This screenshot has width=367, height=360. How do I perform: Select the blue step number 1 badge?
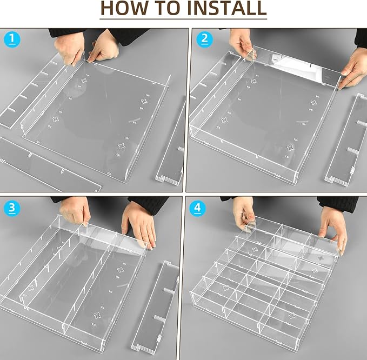pos(12,39)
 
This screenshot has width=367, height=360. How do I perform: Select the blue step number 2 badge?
pos(204,39)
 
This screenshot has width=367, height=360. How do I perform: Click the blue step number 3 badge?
pos(12,208)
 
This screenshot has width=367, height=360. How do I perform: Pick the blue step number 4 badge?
pos(198,208)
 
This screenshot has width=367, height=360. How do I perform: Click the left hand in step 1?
pos(70,49)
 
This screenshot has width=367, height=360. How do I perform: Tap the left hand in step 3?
pos(75,212)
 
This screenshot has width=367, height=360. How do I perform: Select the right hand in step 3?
pos(139,225)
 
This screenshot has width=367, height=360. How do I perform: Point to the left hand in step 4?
pos(244,213)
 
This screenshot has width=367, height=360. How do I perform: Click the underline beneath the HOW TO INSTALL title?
pos(183,19)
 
